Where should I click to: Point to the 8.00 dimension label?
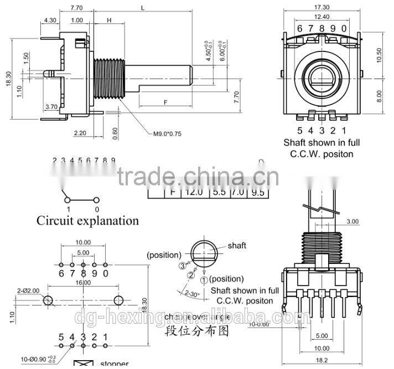[379, 96]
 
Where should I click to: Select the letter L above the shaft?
[143, 8]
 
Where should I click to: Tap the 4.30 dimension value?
[50, 20]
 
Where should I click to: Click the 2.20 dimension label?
[79, 133]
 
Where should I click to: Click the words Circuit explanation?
[87, 221]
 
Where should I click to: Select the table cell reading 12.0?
[193, 192]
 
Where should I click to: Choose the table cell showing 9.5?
[257, 192]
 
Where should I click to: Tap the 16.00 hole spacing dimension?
[82, 283]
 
